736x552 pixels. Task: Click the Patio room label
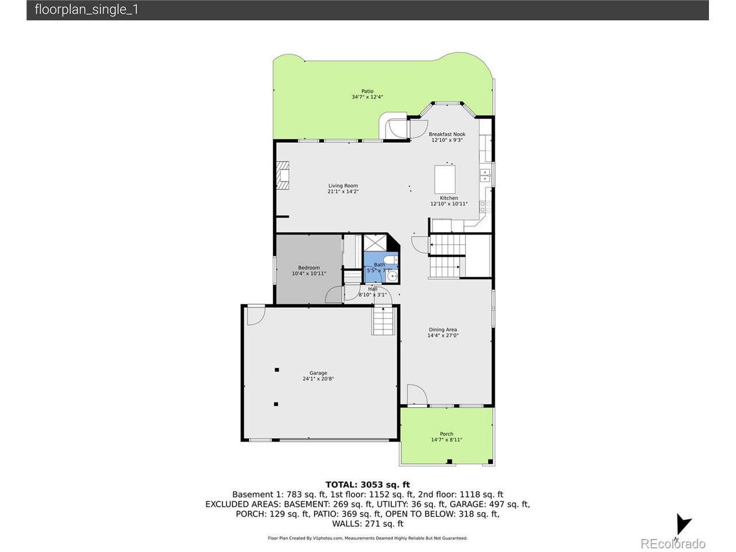coord(367,91)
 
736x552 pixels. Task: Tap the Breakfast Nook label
coord(447,135)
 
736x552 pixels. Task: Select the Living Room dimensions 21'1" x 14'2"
coord(343,191)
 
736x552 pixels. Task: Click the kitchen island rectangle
coord(444,179)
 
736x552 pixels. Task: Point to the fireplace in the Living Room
coord(282,175)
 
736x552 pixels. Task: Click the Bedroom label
coord(309,268)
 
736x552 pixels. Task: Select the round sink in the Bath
coord(392,277)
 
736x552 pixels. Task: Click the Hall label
coord(373,289)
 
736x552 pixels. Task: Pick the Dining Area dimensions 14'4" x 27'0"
coord(443,336)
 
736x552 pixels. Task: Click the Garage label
coord(318,373)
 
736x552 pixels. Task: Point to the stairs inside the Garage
coord(383,321)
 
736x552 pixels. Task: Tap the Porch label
coord(446,434)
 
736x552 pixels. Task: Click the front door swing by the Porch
coord(416,395)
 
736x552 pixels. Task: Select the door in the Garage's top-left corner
coord(255,315)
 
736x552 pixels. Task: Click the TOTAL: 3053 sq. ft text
coord(367,485)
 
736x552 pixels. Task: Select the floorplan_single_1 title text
coord(86,10)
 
